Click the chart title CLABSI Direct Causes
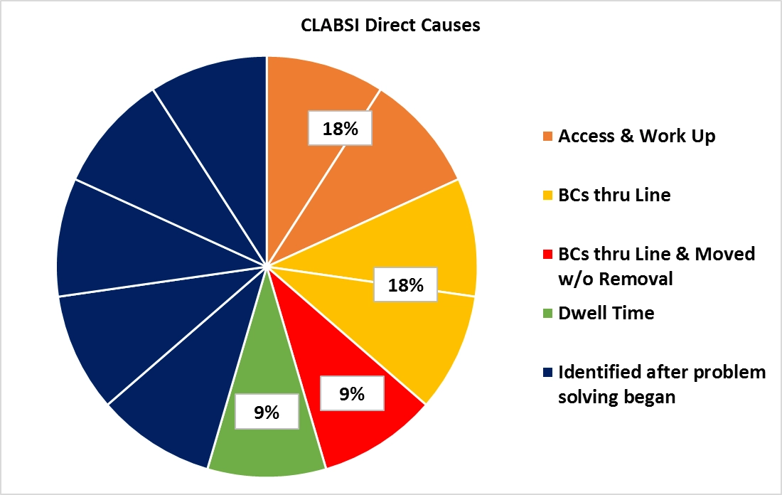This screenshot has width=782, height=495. (390, 26)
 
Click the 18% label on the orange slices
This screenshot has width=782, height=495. (340, 129)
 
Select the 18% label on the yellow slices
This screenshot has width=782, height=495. (406, 286)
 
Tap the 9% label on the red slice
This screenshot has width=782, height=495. (352, 393)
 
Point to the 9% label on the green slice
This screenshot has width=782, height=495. (267, 412)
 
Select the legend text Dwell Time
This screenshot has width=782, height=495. (606, 313)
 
